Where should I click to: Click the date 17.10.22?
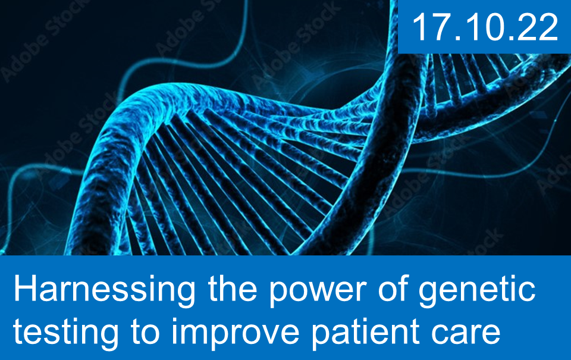(x=485, y=27)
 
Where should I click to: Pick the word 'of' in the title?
(x=394, y=288)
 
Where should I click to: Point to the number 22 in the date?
(x=539, y=27)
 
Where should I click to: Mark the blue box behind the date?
(x=484, y=27)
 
